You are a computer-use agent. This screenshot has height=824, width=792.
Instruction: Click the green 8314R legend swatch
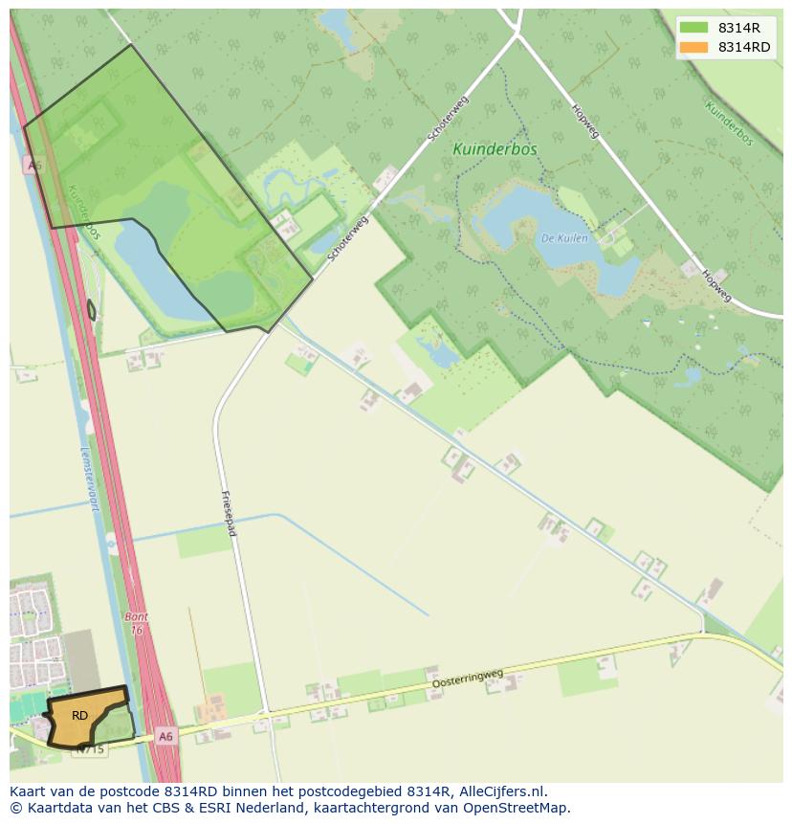694,28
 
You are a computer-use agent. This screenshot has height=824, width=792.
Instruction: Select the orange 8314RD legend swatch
694,47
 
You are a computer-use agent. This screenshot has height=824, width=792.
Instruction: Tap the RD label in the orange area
79,715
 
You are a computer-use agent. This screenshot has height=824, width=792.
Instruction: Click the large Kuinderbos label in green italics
495,149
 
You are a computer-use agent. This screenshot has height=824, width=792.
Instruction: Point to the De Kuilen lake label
564,237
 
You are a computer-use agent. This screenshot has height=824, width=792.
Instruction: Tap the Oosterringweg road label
468,678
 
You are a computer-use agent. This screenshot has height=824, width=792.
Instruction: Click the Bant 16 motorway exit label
136,624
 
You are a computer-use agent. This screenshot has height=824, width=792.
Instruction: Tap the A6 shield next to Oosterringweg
166,736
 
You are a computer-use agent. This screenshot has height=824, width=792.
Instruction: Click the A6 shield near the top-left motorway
35,166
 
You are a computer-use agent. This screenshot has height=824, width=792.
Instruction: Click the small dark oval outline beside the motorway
91,310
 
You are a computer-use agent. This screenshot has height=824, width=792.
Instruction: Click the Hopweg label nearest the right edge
715,283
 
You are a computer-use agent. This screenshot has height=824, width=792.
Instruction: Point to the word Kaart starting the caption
29,791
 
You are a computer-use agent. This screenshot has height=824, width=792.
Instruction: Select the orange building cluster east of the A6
211,711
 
